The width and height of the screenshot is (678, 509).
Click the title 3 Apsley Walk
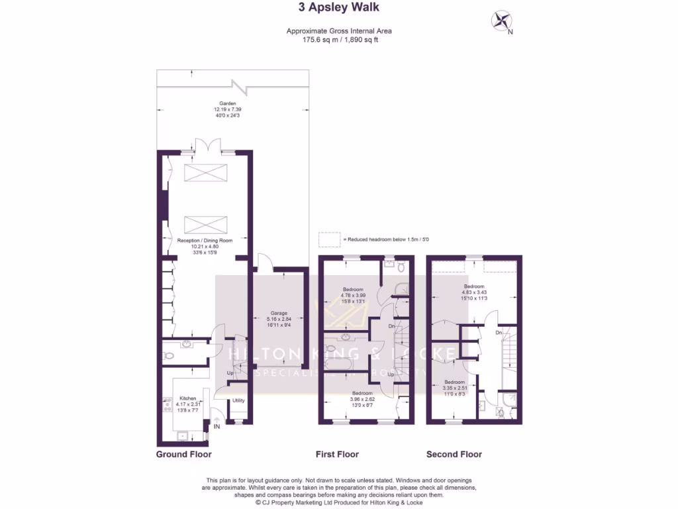tap(338, 8)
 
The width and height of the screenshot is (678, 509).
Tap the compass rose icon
tap(501, 21)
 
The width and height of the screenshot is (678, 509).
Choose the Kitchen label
tap(187, 403)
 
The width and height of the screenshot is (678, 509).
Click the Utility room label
tap(238, 400)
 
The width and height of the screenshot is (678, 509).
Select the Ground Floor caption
tap(183, 455)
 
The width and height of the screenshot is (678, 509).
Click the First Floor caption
tap(336, 455)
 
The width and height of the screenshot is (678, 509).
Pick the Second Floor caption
tap(454, 455)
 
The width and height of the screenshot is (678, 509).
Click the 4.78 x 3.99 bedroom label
tap(352, 296)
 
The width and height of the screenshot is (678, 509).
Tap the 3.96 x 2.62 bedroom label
tap(362, 398)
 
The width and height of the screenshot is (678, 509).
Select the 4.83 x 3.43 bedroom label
tap(474, 292)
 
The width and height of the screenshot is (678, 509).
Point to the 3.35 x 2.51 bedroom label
tap(454, 388)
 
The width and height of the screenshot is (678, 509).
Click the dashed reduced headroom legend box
tap(328, 239)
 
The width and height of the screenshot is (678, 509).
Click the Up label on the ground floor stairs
tap(230, 373)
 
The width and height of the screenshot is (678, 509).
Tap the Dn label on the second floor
tap(499, 332)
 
